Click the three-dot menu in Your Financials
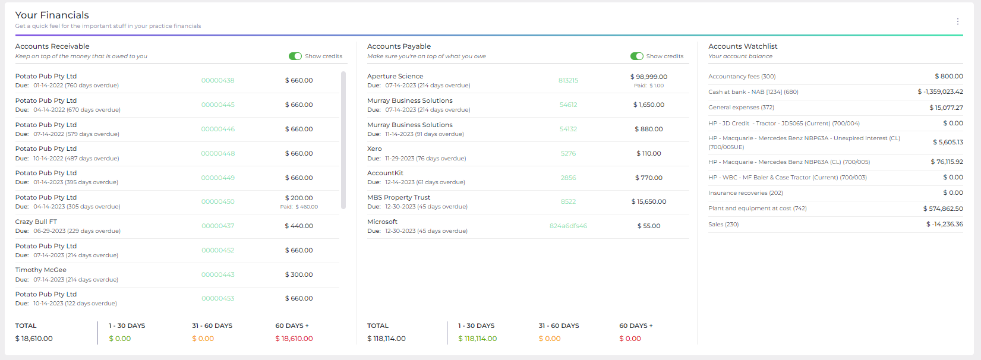(957, 21)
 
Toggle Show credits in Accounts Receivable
(295, 56)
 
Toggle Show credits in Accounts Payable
(637, 56)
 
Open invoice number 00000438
(217, 81)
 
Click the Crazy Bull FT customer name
(36, 222)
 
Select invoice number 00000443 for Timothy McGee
(217, 275)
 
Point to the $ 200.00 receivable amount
(299, 198)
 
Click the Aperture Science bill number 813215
(568, 81)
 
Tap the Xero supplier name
(374, 149)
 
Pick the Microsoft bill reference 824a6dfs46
(568, 226)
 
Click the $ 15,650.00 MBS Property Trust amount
(649, 202)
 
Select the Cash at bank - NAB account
(753, 92)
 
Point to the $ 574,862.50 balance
(943, 209)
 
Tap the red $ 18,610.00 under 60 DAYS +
(294, 339)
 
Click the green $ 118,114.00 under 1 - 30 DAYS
(477, 339)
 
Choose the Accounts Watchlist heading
(743, 46)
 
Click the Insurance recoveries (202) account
(745, 193)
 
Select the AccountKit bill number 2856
(568, 178)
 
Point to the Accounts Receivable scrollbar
(343, 140)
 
